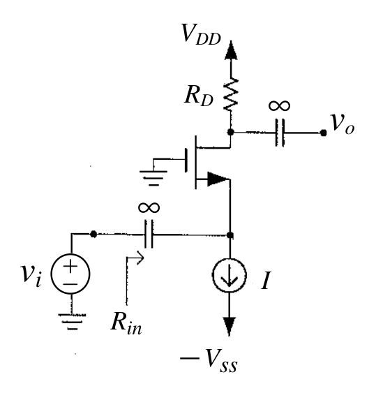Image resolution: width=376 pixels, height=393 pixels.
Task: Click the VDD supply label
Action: (x=201, y=35)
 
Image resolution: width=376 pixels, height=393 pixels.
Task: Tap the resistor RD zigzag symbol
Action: (x=231, y=94)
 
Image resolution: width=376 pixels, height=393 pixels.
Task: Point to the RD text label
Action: (x=199, y=96)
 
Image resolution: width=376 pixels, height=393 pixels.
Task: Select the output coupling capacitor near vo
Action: (x=280, y=133)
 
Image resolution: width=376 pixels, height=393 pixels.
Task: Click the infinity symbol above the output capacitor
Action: (x=279, y=105)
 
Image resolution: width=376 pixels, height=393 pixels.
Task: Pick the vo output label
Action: (x=343, y=124)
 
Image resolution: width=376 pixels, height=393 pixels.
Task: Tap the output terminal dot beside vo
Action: (x=324, y=133)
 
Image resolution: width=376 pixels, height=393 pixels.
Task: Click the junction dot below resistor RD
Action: (x=230, y=132)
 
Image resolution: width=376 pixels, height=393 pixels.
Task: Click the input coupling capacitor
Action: (x=149, y=235)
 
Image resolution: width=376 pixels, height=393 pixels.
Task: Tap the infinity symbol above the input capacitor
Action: (x=149, y=207)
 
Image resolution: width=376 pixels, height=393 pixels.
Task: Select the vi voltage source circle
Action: (x=70, y=274)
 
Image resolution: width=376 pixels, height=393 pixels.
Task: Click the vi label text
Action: (x=31, y=276)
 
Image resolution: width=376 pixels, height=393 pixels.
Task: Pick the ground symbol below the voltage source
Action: (x=72, y=322)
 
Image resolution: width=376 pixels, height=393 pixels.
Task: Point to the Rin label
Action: (x=126, y=324)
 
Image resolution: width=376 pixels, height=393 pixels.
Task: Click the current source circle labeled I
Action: (x=230, y=275)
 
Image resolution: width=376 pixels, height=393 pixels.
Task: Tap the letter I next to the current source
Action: (x=266, y=280)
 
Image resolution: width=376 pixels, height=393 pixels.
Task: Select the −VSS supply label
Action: (x=209, y=360)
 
